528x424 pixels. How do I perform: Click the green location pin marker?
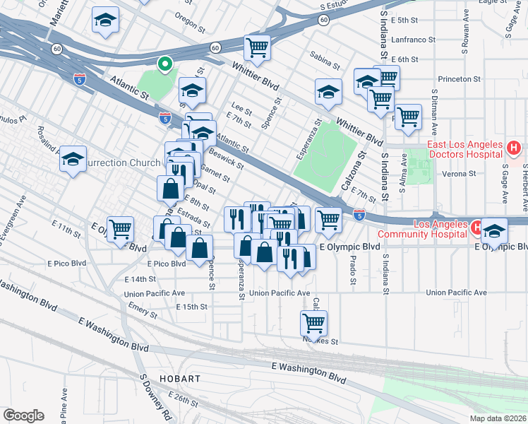[x=164, y=64]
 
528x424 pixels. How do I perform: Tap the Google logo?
[x=23, y=416]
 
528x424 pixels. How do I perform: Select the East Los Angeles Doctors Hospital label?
[x=462, y=149]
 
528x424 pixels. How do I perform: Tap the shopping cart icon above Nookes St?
[x=313, y=324]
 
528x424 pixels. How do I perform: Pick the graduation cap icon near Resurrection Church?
[x=73, y=159]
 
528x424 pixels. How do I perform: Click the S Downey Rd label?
[x=155, y=399]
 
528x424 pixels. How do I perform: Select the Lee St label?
[x=242, y=110]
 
